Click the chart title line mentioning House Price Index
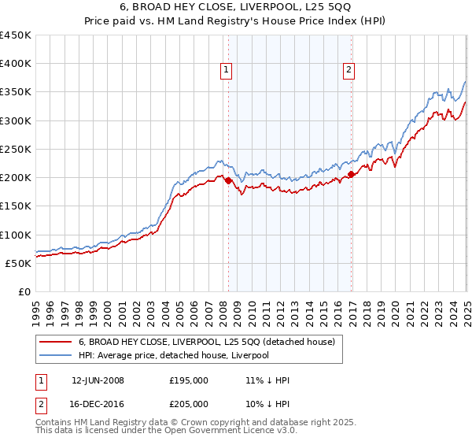[236, 20]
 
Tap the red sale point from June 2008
[228, 180]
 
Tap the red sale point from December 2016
[351, 175]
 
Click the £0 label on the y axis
[24, 291]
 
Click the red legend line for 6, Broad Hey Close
[56, 342]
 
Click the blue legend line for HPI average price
[56, 355]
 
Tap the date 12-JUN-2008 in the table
[98, 380]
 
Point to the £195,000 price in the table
[189, 380]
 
